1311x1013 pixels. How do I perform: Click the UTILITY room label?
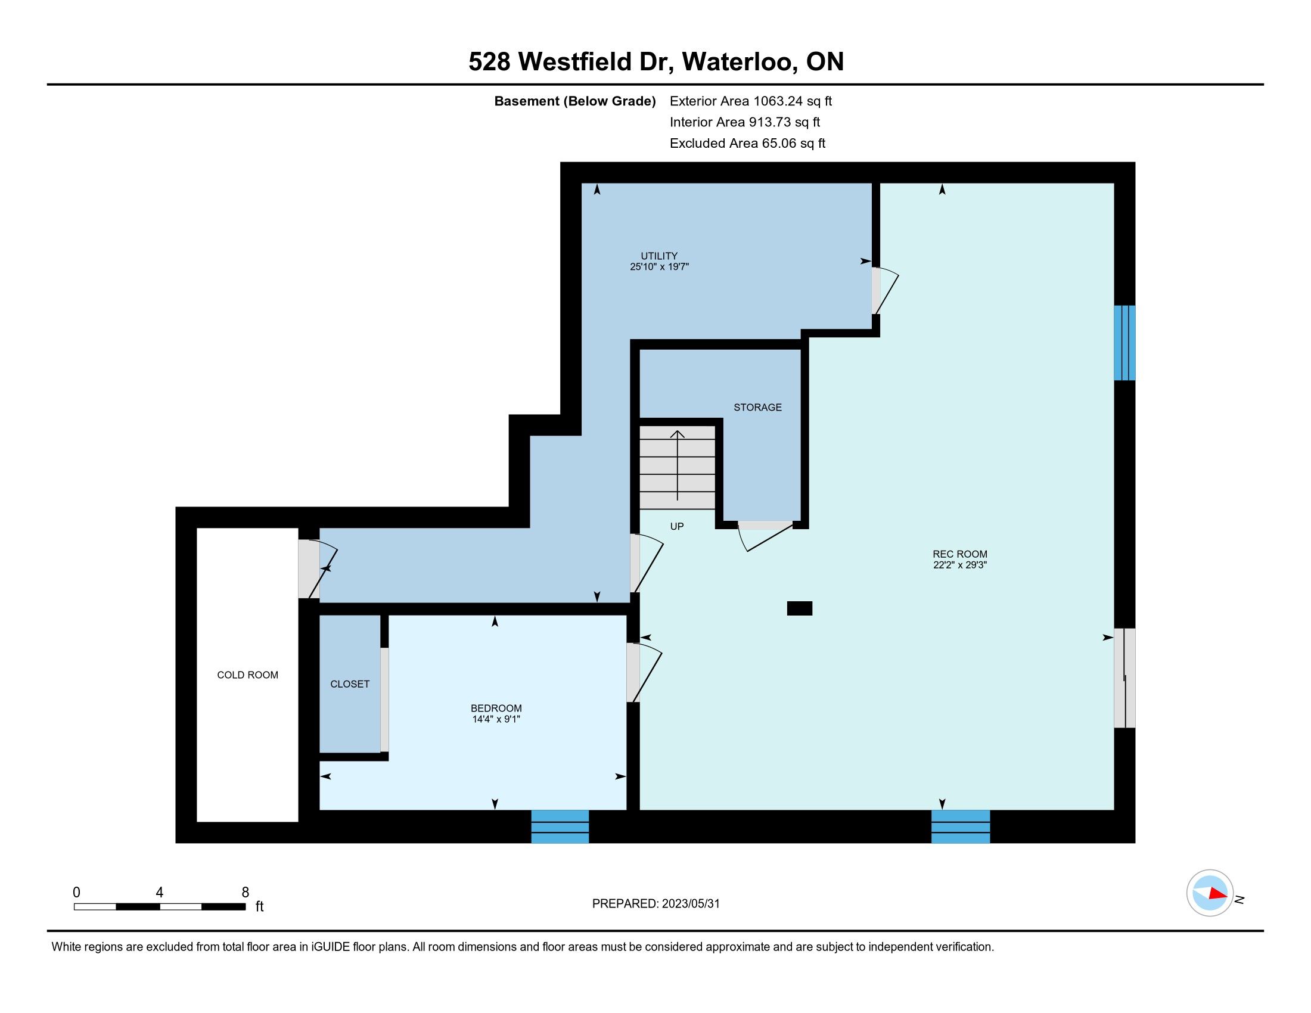pos(658,256)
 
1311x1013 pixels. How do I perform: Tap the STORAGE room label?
pos(757,408)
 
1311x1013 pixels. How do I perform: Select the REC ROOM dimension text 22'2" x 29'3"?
pos(960,565)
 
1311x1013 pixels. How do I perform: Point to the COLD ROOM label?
pos(247,675)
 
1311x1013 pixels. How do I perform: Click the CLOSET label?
pos(350,684)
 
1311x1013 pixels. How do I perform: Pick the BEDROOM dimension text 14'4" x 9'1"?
pos(496,719)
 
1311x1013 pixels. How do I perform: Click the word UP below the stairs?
pos(676,526)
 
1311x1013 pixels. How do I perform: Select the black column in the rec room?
pos(800,608)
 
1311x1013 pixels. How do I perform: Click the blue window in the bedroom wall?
pos(560,826)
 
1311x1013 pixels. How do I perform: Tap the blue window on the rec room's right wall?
pos(1125,343)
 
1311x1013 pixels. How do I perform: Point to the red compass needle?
pos(1218,894)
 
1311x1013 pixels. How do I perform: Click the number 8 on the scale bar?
pos(245,893)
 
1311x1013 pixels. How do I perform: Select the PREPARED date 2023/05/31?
pos(690,904)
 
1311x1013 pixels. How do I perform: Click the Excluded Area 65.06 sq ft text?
pos(747,144)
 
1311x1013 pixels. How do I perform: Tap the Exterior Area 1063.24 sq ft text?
pos(751,101)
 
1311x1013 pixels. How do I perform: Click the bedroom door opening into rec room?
pos(644,673)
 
